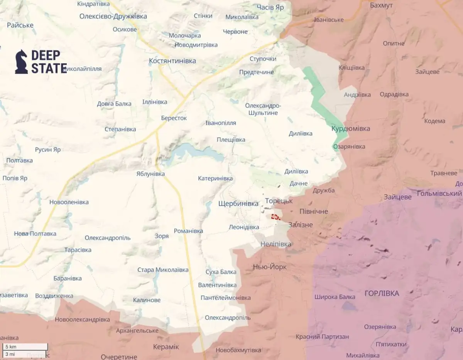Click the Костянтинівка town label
coord(172,61)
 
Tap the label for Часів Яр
coord(274,7)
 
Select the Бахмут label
coord(381,5)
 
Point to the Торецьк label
coord(279,201)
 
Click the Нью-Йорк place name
coord(270,267)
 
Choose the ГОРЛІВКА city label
coord(382,294)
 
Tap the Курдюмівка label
coord(351,128)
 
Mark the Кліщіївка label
coord(351,68)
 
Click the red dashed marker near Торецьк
coord(275,217)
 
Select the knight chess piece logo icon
coord(21,62)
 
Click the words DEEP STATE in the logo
coord(49,62)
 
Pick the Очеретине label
coord(119,357)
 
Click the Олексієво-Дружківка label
coord(108,16)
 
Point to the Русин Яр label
coord(47,150)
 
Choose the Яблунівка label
coord(150,174)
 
